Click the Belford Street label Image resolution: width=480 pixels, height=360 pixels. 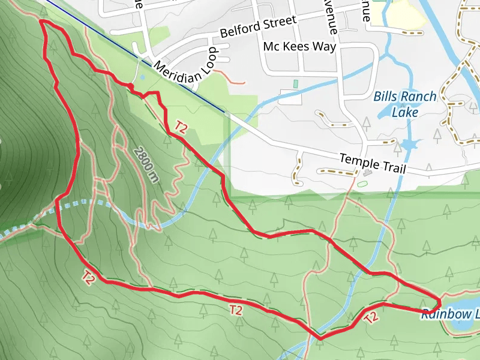pos(258,26)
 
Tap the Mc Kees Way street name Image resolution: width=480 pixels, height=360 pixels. pos(299,46)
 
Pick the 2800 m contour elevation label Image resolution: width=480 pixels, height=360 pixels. pos(146,164)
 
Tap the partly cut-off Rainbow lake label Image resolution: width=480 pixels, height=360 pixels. pos(450,314)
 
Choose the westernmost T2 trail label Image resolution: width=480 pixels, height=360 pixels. pos(89,278)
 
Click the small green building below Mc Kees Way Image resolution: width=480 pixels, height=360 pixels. pos(295,83)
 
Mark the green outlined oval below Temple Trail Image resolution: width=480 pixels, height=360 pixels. pos(362,183)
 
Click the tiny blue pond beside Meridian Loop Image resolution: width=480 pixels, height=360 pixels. pos(142,77)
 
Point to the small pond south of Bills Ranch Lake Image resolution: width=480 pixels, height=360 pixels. pos(409,145)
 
